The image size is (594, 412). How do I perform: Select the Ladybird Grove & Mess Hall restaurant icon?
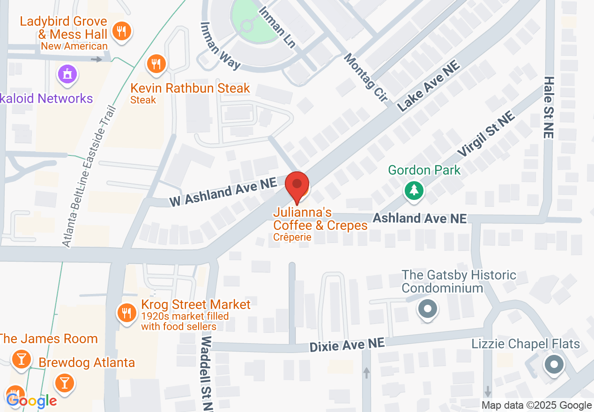122,32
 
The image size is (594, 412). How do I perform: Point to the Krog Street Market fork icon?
126,312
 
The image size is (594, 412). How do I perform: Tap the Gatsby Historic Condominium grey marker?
427,309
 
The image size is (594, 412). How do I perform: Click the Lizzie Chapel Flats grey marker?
554,364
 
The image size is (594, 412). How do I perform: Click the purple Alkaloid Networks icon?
67,74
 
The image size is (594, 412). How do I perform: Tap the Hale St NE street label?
549,108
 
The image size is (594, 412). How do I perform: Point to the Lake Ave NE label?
429,88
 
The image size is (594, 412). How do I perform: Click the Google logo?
31,401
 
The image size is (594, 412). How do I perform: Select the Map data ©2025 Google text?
537,405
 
